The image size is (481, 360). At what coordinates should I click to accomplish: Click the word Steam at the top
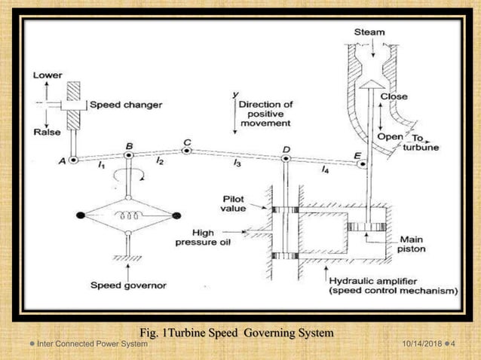[369, 32]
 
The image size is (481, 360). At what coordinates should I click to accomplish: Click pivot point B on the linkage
[129, 155]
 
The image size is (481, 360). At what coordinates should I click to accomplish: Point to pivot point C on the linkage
[187, 151]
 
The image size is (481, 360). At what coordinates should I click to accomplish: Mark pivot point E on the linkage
[362, 163]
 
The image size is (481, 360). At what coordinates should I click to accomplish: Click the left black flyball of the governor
[79, 216]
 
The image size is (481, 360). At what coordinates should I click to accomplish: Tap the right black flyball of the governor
[176, 216]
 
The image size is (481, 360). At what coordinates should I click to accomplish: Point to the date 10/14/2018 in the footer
[420, 344]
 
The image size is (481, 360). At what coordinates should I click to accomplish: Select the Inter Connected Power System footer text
[92, 344]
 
